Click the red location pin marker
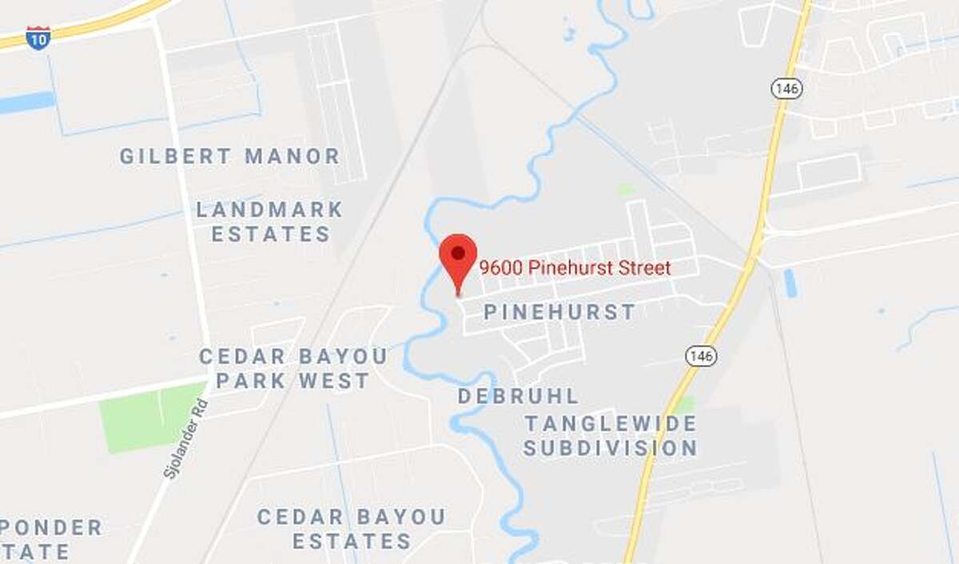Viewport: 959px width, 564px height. (458, 256)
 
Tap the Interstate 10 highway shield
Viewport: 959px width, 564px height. (38, 38)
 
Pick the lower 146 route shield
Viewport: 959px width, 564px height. (701, 355)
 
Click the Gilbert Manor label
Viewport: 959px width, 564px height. (230, 157)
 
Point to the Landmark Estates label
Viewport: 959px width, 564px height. (270, 222)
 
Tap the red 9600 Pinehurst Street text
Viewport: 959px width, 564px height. (575, 268)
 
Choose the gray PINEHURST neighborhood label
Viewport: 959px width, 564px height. (559, 312)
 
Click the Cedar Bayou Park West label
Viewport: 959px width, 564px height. (293, 368)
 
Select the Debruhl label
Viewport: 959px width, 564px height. (518, 396)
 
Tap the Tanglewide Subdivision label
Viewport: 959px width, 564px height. (611, 435)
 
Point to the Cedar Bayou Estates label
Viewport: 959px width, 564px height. (352, 529)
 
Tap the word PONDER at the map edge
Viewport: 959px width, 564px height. (50, 528)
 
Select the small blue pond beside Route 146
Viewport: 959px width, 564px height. (790, 282)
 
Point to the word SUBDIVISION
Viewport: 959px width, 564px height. (611, 448)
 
